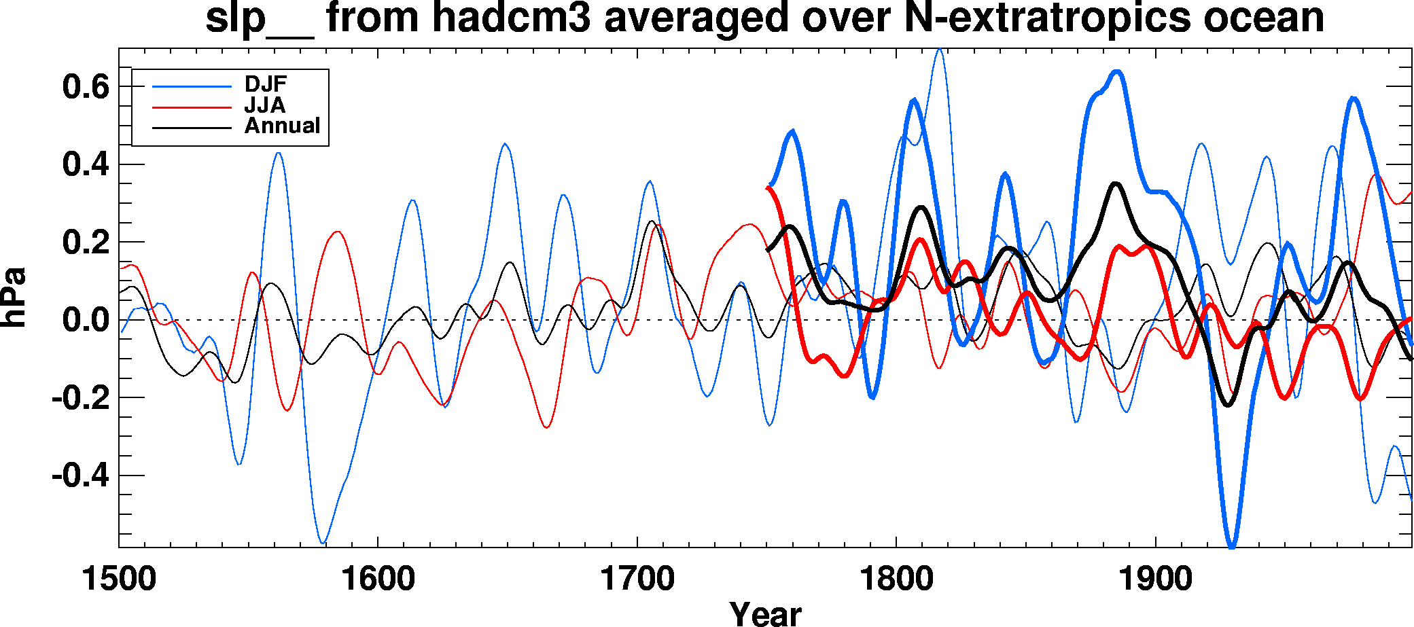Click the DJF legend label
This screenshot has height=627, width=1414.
point(266,84)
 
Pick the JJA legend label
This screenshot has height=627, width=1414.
point(265,105)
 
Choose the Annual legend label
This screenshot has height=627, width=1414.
point(282,126)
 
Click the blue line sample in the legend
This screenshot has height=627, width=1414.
point(192,86)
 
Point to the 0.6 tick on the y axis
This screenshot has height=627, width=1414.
point(86,87)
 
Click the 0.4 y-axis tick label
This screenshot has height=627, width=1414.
point(86,165)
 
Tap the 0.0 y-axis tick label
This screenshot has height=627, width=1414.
point(86,320)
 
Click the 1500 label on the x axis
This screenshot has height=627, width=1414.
point(119,579)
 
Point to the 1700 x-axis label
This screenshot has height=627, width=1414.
point(637,579)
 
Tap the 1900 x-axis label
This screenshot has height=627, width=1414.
point(1155,579)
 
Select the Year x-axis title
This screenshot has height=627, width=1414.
point(765,613)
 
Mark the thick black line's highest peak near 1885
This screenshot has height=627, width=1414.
point(1115,183)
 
